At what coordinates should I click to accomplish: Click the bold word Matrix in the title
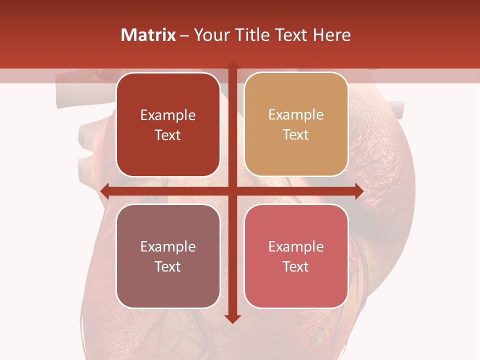tap(148, 35)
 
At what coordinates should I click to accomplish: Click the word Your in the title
tap(210, 35)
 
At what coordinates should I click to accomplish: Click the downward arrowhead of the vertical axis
tap(232, 318)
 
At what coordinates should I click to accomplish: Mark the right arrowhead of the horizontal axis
tap(358, 191)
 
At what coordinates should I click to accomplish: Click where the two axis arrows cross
tap(232, 191)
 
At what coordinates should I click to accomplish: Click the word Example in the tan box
tap(296, 115)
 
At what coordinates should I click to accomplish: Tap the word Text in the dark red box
tap(168, 135)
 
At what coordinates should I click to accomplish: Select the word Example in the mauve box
tap(168, 247)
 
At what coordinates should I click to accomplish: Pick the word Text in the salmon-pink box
tap(296, 266)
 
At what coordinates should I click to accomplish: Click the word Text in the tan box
tap(296, 135)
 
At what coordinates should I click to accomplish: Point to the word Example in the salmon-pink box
tap(296, 247)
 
